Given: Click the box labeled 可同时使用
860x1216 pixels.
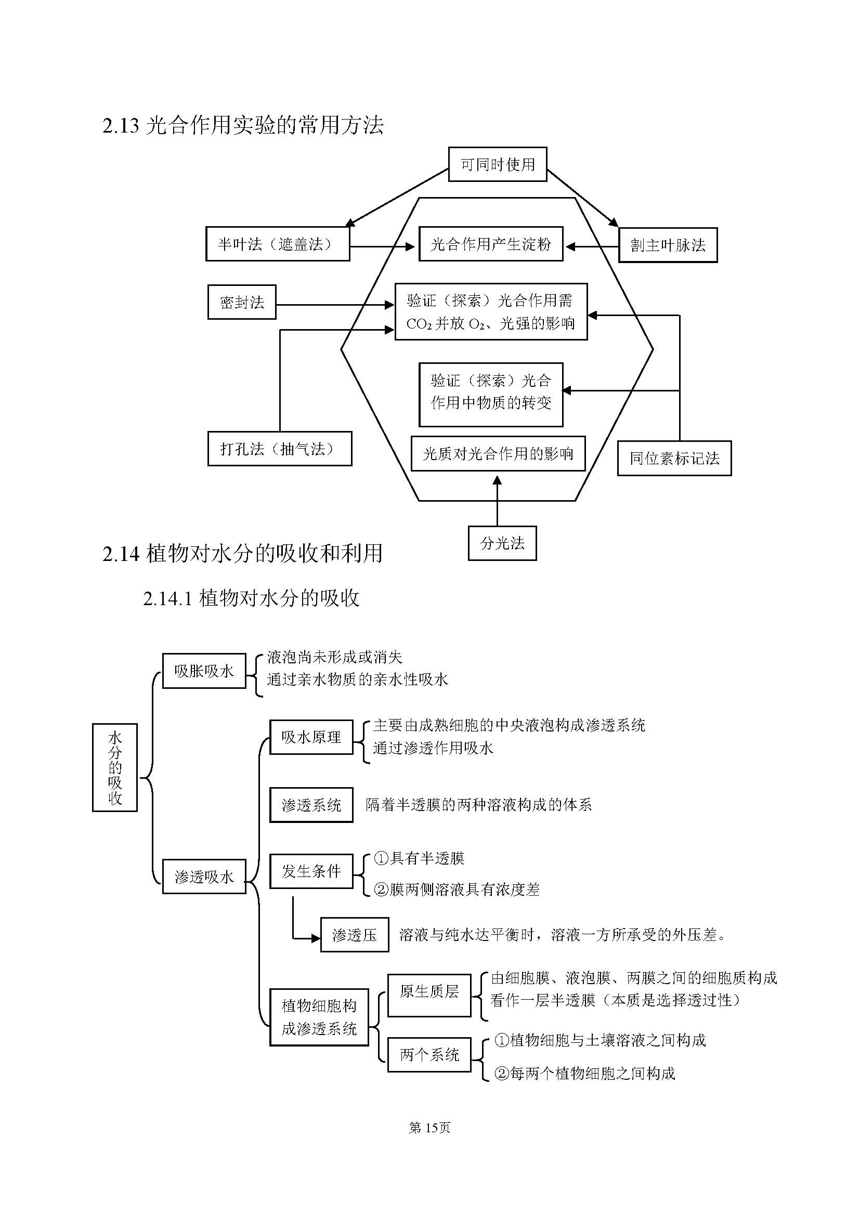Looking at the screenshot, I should click(x=497, y=165).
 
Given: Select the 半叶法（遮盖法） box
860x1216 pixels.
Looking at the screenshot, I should click(x=278, y=244).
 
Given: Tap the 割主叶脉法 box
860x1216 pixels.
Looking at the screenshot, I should click(x=668, y=245).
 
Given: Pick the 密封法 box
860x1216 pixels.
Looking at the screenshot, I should click(x=241, y=303).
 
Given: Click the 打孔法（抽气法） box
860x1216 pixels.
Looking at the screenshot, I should click(x=280, y=449).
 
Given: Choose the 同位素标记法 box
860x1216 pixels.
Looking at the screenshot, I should click(x=674, y=459).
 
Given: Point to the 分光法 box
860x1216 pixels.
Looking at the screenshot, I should click(x=502, y=543).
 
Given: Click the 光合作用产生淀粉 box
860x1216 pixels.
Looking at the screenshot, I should click(x=491, y=244).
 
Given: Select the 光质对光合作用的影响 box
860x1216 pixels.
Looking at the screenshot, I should click(x=498, y=454).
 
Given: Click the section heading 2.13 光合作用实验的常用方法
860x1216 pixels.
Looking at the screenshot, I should click(x=243, y=125).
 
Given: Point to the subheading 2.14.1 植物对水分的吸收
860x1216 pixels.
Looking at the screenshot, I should click(x=251, y=598).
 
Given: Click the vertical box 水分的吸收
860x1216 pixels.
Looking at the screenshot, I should click(x=115, y=767).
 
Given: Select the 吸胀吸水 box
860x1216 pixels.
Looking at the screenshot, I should click(x=204, y=671).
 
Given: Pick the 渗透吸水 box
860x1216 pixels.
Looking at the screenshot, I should click(x=204, y=877).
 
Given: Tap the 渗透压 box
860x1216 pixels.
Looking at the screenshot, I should click(x=354, y=935).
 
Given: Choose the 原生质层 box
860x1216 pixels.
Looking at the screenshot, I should click(x=429, y=991).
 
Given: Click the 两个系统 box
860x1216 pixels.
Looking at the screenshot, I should click(x=429, y=1055).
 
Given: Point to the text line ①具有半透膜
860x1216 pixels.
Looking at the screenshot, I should click(x=419, y=858).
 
